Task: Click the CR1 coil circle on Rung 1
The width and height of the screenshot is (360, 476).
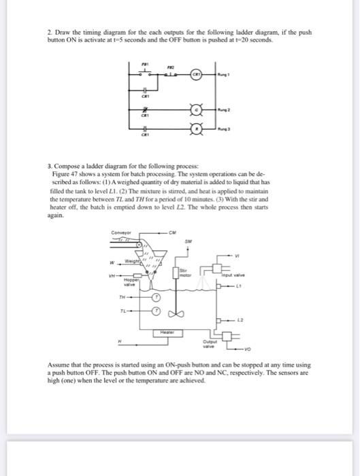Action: pyautogui.click(x=195, y=75)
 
